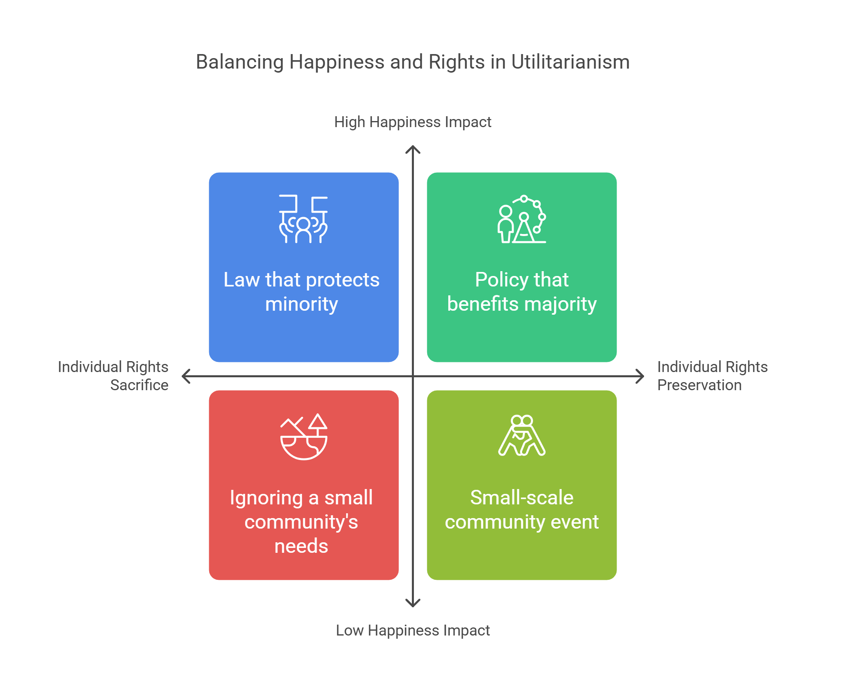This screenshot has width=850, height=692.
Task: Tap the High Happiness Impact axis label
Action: pyautogui.click(x=412, y=122)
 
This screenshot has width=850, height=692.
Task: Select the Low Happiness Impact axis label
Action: pyautogui.click(x=412, y=630)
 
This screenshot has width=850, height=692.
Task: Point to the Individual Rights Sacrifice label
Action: pyautogui.click(x=113, y=376)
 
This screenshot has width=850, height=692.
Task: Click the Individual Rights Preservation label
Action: pyautogui.click(x=712, y=376)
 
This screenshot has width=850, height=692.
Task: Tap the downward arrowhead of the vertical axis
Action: pyautogui.click(x=413, y=604)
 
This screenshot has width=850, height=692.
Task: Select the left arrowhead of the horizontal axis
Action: pyautogui.click(x=185, y=376)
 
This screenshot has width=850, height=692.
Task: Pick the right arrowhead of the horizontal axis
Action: pyautogui.click(x=640, y=376)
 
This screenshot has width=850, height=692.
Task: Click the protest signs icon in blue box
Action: pyautogui.click(x=303, y=219)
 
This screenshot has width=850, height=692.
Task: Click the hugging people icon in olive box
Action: pyautogui.click(x=522, y=436)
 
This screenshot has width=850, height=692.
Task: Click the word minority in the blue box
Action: pyautogui.click(x=301, y=304)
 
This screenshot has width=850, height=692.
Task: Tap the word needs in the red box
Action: pyautogui.click(x=301, y=546)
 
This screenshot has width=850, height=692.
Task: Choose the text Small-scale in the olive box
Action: pyautogui.click(x=522, y=498)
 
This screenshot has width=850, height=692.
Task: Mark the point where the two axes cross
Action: pyautogui.click(x=413, y=376)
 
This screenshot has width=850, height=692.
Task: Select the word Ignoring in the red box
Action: pyautogui.click(x=266, y=498)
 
